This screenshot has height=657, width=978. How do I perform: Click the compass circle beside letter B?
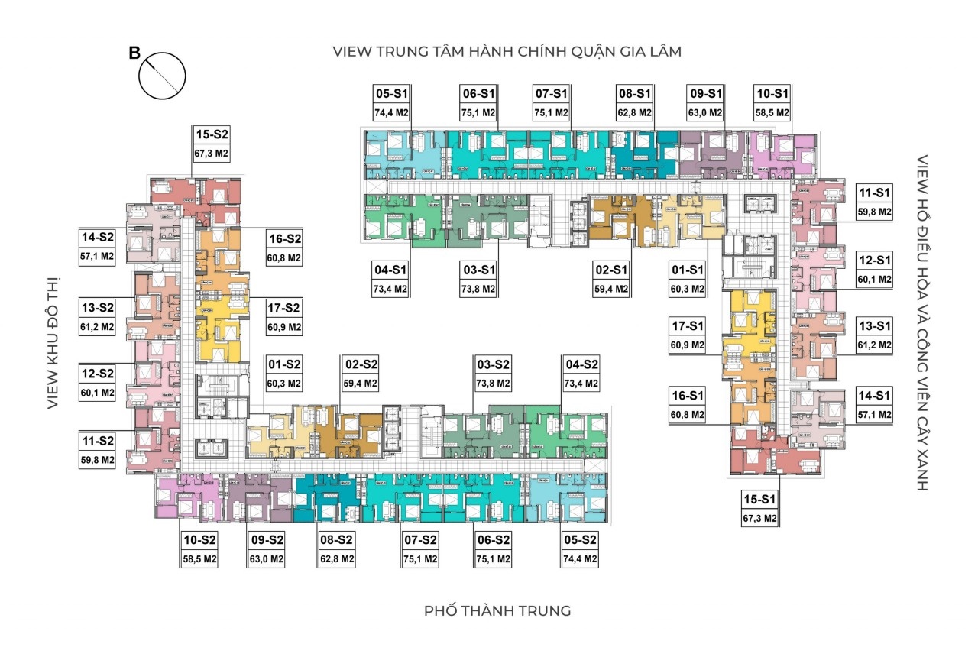(162, 76)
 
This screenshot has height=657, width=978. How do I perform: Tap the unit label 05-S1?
(391, 93)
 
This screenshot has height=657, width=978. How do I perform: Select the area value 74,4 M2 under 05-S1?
(391, 112)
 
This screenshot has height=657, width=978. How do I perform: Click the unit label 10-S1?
(772, 93)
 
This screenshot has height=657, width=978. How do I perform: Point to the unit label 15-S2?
(212, 134)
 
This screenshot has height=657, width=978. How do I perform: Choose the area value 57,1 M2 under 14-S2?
(97, 256)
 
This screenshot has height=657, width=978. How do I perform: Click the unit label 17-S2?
(283, 308)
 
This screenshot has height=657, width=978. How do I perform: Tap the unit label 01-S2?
(284, 364)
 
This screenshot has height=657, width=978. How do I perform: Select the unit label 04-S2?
(582, 364)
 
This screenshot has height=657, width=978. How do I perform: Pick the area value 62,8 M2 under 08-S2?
(337, 558)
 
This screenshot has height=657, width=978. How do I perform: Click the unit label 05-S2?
(580, 540)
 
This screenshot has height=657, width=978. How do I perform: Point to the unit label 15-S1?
(759, 499)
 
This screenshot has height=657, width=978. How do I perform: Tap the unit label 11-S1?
(874, 193)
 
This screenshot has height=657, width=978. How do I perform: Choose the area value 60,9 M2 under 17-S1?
(688, 345)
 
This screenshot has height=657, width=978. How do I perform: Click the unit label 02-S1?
(611, 270)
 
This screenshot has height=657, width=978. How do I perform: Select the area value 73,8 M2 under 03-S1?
(478, 289)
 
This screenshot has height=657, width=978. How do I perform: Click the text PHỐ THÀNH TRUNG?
(497, 610)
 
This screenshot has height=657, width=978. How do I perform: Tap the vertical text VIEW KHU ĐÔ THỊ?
(53, 343)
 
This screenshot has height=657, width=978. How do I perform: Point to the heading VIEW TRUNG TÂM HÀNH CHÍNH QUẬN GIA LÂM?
(507, 51)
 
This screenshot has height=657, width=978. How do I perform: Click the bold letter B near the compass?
(134, 53)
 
